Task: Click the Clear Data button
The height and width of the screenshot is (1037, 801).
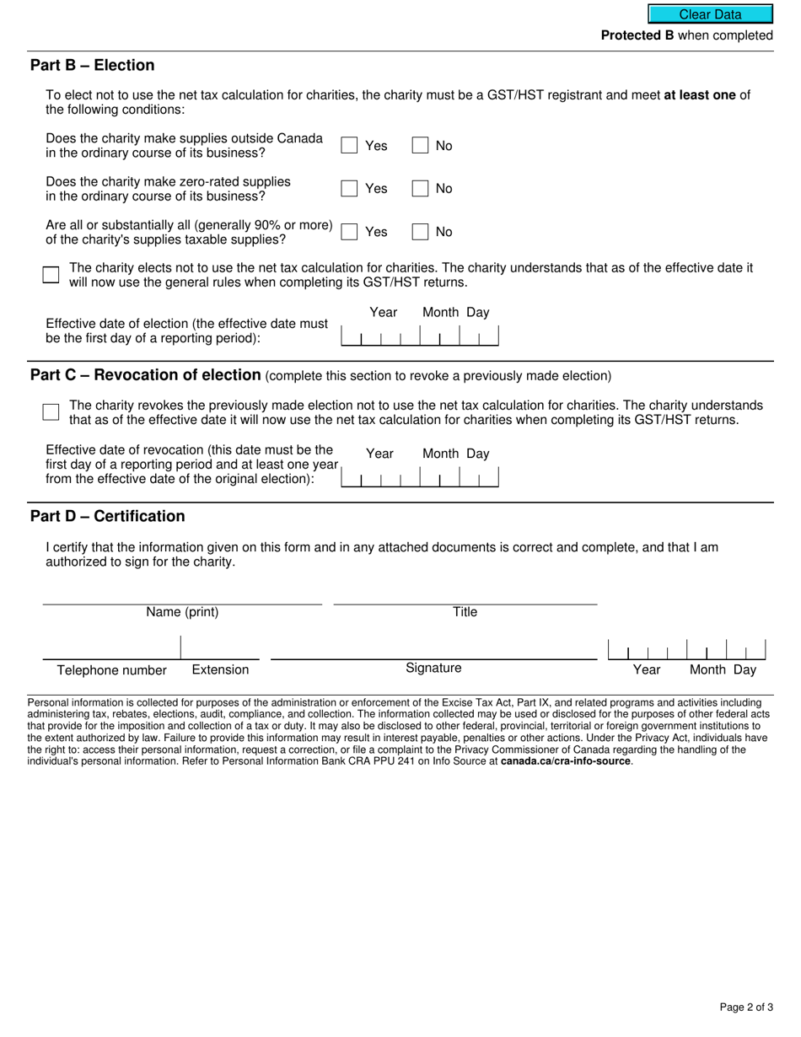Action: pos(710,14)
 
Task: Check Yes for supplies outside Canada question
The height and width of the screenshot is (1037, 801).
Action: pos(349,145)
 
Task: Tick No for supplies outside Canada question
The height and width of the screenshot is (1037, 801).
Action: pos(420,145)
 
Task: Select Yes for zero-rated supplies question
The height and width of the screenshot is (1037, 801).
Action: pos(349,188)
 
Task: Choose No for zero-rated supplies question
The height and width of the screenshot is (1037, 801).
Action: pos(420,188)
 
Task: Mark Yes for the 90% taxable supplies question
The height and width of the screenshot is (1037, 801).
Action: pos(349,232)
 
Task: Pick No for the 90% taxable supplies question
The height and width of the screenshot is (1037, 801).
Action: pos(420,232)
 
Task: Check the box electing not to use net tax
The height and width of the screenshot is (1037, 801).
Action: pos(51,274)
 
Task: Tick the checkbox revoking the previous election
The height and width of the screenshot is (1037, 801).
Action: pos(51,411)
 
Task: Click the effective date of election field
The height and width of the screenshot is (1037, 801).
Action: pos(419,336)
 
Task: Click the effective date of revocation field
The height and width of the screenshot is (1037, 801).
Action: pos(419,478)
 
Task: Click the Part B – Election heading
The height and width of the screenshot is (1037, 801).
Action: pos(93,66)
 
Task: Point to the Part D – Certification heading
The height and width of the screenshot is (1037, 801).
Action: pos(108,516)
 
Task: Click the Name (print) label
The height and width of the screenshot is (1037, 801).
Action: pos(182,612)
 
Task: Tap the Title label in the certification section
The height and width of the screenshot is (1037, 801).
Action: pos(465,612)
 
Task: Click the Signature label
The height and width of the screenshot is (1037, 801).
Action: pos(433,668)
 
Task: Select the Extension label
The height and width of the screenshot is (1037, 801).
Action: pos(220,669)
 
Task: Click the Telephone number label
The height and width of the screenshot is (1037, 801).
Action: pos(112,670)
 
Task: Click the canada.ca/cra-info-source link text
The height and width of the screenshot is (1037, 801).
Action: pos(565,760)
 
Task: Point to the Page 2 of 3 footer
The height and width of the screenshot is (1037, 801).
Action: pos(746,1007)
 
